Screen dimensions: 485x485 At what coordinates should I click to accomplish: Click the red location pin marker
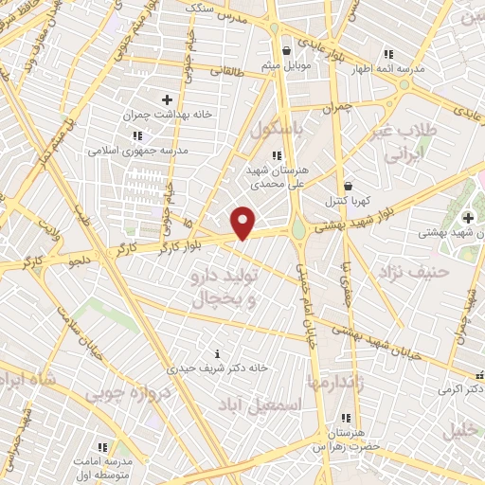[243, 223]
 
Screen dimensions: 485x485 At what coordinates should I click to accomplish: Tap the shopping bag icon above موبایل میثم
[286, 52]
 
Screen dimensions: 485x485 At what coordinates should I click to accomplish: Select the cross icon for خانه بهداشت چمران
[168, 99]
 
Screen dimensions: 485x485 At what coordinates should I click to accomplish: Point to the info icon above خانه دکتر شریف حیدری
[218, 353]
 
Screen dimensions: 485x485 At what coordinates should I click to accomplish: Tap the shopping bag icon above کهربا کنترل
[349, 187]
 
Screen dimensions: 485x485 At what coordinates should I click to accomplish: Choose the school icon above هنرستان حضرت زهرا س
[346, 418]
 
